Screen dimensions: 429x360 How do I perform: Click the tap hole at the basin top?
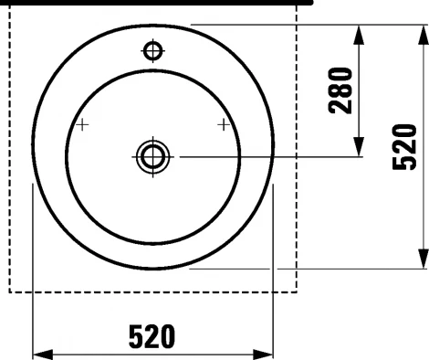(x=153, y=51)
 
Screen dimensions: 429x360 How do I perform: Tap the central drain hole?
(x=152, y=157)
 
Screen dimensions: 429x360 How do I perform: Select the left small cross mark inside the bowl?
(x=82, y=125)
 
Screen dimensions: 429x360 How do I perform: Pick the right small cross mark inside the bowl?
(x=224, y=125)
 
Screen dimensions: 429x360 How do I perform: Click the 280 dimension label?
(x=340, y=90)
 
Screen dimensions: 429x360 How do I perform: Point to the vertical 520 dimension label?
(x=404, y=147)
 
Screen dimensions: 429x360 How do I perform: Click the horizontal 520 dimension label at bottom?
(x=152, y=336)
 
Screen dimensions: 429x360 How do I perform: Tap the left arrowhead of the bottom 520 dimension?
(x=43, y=355)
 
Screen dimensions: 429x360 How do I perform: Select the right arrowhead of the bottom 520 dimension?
(x=263, y=355)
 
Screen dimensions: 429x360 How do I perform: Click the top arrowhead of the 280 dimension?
(x=359, y=35)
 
